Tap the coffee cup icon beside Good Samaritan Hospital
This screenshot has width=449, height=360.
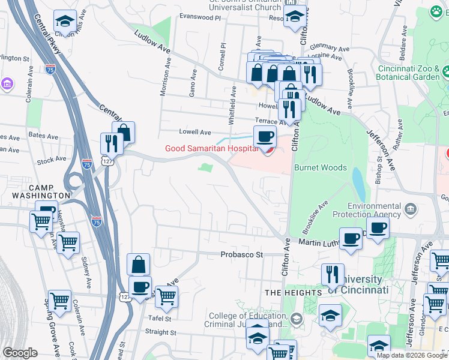[265, 136]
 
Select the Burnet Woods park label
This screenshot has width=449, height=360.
[320, 168]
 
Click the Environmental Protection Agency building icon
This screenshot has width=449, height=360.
[411, 209]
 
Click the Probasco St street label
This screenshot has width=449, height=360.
[241, 254]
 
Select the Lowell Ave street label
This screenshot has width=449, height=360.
[195, 132]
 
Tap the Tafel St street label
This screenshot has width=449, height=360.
[160, 319]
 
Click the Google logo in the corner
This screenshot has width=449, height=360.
[20, 353]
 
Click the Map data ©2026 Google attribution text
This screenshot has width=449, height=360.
[412, 355]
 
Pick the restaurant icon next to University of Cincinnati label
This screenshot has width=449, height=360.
[333, 274]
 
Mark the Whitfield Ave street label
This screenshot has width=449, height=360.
[234, 103]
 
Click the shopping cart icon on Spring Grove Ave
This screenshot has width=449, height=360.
[60, 301]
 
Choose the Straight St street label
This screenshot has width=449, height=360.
[158, 331]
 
